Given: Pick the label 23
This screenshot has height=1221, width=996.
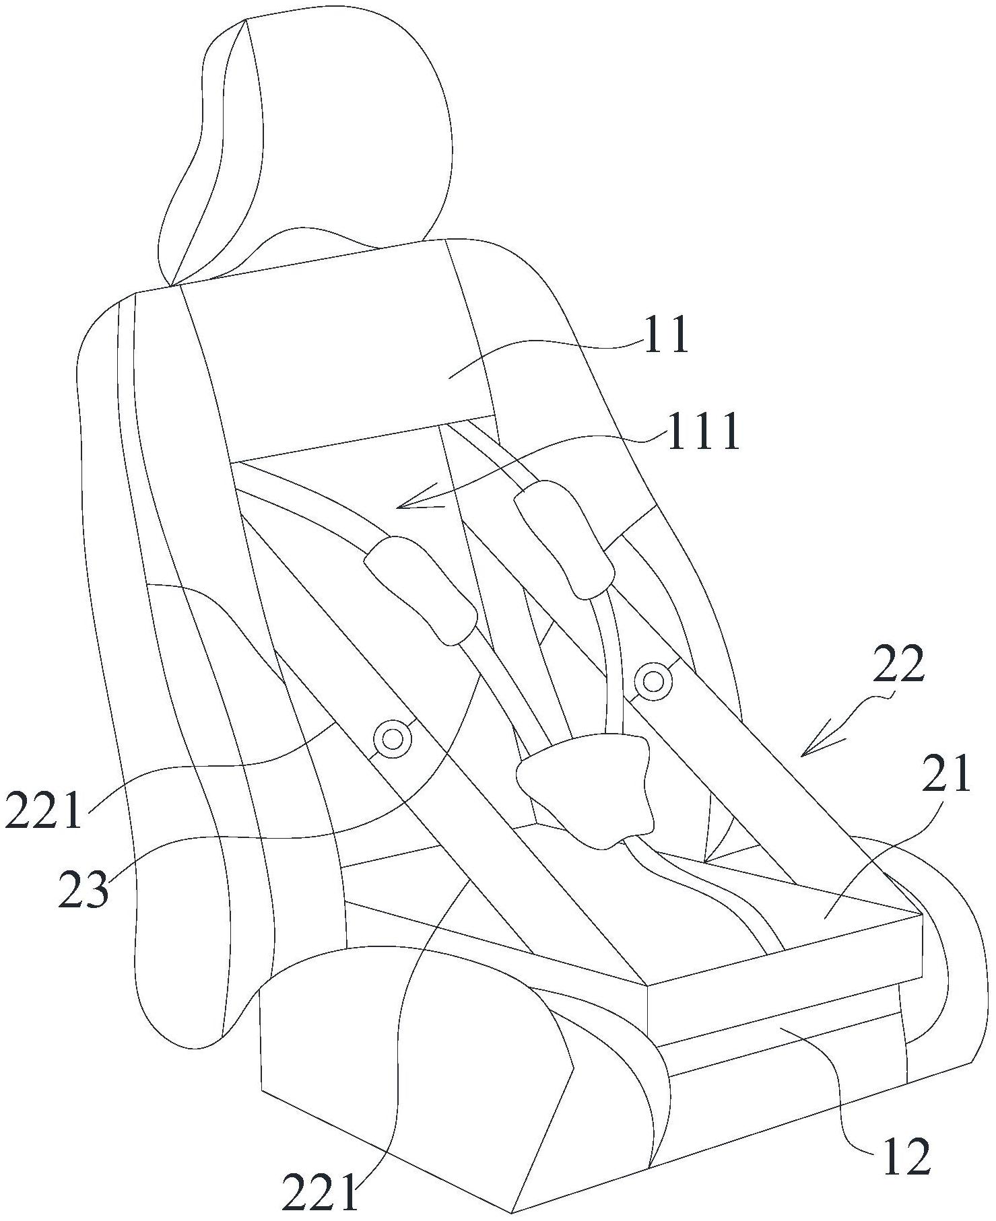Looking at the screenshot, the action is pyautogui.click(x=83, y=889).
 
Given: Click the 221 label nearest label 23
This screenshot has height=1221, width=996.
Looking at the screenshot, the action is pyautogui.click(x=44, y=810).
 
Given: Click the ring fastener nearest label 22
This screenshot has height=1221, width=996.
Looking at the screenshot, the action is pyautogui.click(x=653, y=682).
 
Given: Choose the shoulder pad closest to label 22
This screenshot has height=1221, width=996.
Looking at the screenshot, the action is pyautogui.click(x=564, y=538).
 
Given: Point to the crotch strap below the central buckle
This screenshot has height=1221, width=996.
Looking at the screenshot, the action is pyautogui.click(x=707, y=895).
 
